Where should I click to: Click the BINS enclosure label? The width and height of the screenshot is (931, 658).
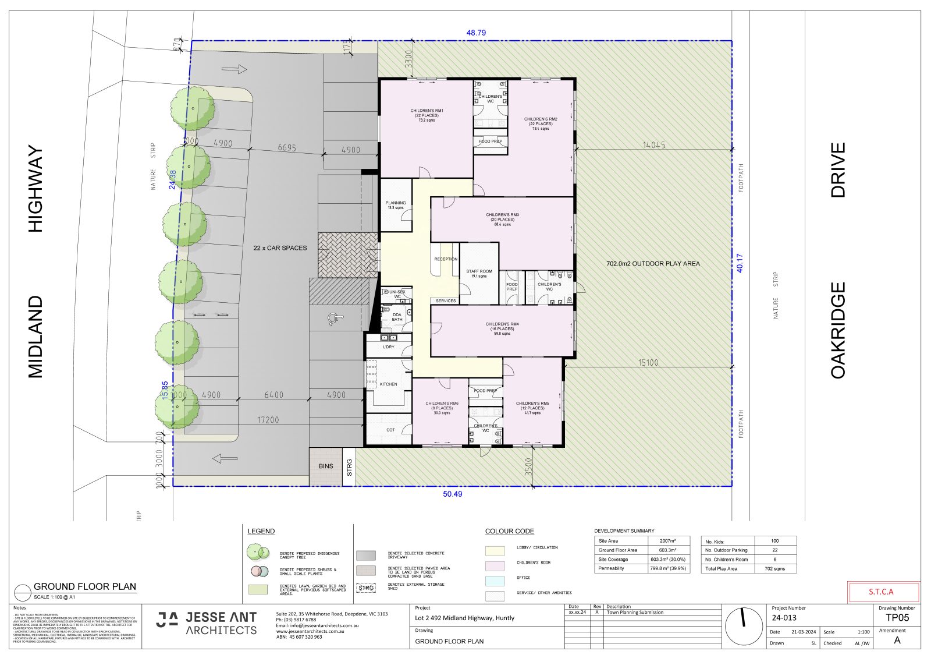[326, 466]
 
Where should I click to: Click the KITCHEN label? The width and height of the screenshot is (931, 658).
[388, 384]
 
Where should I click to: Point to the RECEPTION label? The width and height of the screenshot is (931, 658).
[446, 259]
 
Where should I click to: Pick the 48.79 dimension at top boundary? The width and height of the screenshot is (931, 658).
[476, 33]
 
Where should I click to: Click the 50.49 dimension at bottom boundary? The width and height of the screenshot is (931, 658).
[453, 494]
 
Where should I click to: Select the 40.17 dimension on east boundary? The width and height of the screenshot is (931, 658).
[740, 263]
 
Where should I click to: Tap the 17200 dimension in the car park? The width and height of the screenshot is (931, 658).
[268, 420]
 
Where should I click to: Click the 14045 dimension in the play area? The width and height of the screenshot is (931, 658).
[654, 145]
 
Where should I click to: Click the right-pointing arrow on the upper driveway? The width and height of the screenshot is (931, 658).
[234, 70]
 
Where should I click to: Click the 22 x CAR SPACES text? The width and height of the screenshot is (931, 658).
[280, 248]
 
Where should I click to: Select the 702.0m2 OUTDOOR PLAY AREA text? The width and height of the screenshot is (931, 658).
[653, 264]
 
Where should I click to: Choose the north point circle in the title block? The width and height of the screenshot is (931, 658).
[744, 625]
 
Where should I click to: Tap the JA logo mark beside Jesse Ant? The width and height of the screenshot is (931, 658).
[168, 619]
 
